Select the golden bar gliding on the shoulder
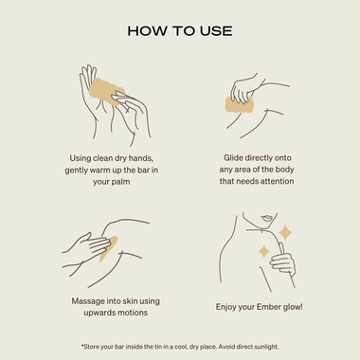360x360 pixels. (240, 105)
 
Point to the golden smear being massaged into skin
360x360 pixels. (109, 249)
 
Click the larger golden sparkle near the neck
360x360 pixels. (285, 233)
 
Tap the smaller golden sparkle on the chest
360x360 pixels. (264, 252)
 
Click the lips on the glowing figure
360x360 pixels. (267, 218)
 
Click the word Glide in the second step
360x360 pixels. (233, 157)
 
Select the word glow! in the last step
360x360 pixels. (293, 307)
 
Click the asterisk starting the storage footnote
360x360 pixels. (82, 346)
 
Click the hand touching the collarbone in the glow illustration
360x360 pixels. (283, 262)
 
